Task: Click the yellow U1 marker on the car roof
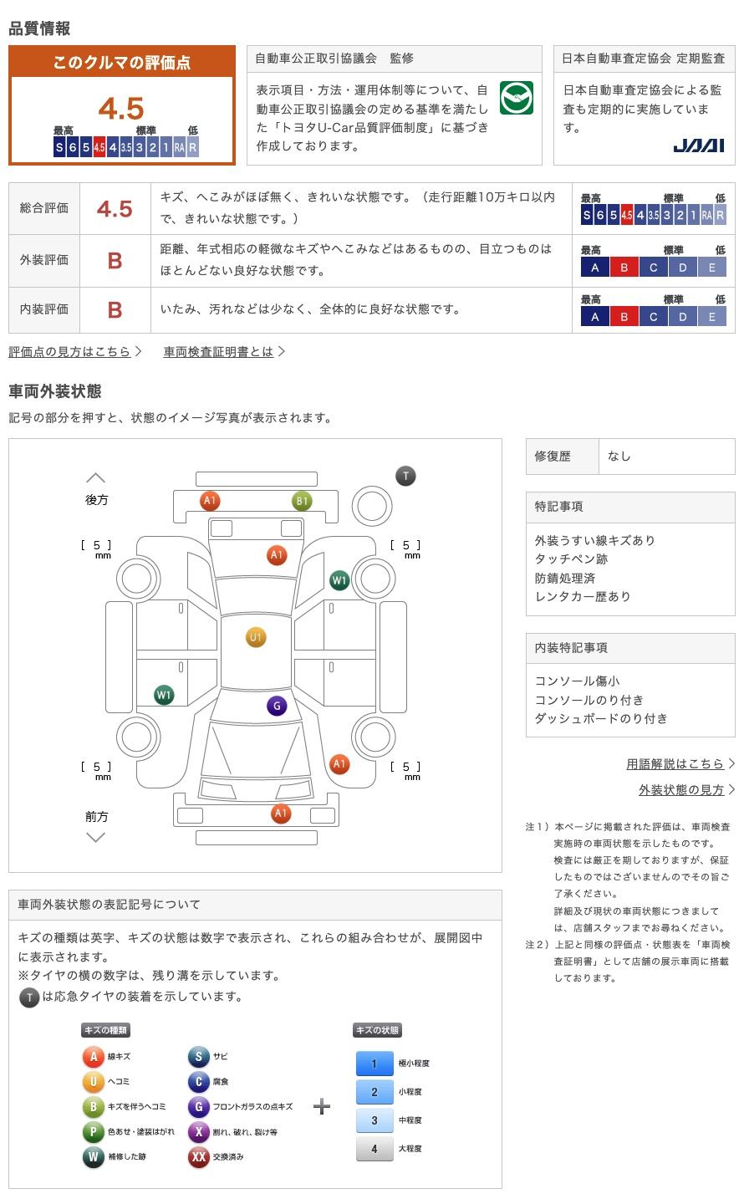[x=256, y=637]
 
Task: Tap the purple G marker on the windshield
[x=277, y=706]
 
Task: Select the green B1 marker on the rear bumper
[x=302, y=501]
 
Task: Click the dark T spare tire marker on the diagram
[x=406, y=476]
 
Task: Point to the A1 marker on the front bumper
[x=281, y=814]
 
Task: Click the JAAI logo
[x=698, y=145]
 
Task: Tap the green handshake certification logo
[x=516, y=98]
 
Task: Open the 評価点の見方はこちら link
[x=69, y=351]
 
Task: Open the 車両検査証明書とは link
[x=218, y=351]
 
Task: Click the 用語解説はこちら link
[x=675, y=763]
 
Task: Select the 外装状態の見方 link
[x=681, y=789]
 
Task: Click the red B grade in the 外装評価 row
[x=115, y=261]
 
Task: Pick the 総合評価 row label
[x=44, y=208]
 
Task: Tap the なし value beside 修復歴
[x=619, y=456]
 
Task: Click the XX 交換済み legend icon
[x=198, y=1156]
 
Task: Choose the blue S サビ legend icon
[x=198, y=1056]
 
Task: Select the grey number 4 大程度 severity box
[x=375, y=1148]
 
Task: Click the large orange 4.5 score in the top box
[x=121, y=108]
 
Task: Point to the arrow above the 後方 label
[x=95, y=477]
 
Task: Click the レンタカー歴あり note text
[x=583, y=596]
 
